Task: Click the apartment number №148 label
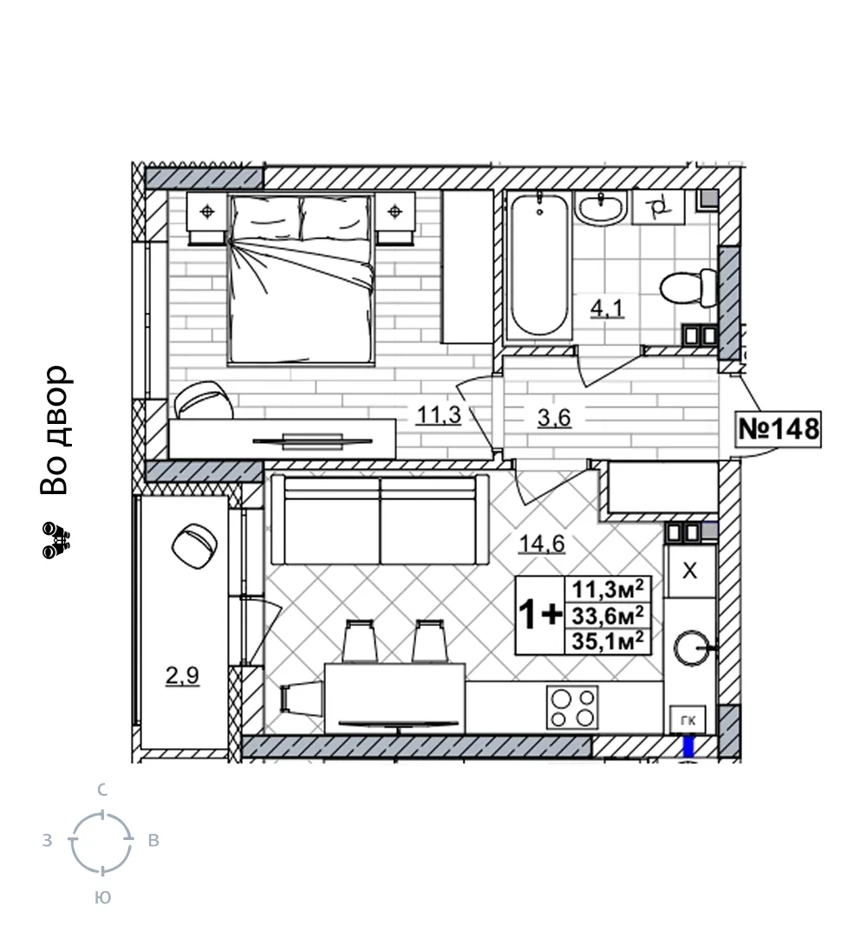[779, 429]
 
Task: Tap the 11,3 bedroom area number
[439, 415]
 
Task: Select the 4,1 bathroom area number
[607, 308]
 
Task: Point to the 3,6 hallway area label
[554, 418]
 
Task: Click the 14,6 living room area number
[542, 544]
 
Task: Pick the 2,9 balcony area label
[182, 675]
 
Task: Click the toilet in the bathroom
[688, 288]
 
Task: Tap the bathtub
[538, 265]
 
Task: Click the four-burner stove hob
[572, 707]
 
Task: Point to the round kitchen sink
[692, 648]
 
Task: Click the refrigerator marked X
[689, 570]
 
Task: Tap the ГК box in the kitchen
[688, 720]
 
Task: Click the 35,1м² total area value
[608, 642]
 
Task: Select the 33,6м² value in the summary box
[608, 616]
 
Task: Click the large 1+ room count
[539, 615]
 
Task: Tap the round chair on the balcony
[194, 546]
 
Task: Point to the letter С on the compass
[102, 790]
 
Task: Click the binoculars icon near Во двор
[56, 540]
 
